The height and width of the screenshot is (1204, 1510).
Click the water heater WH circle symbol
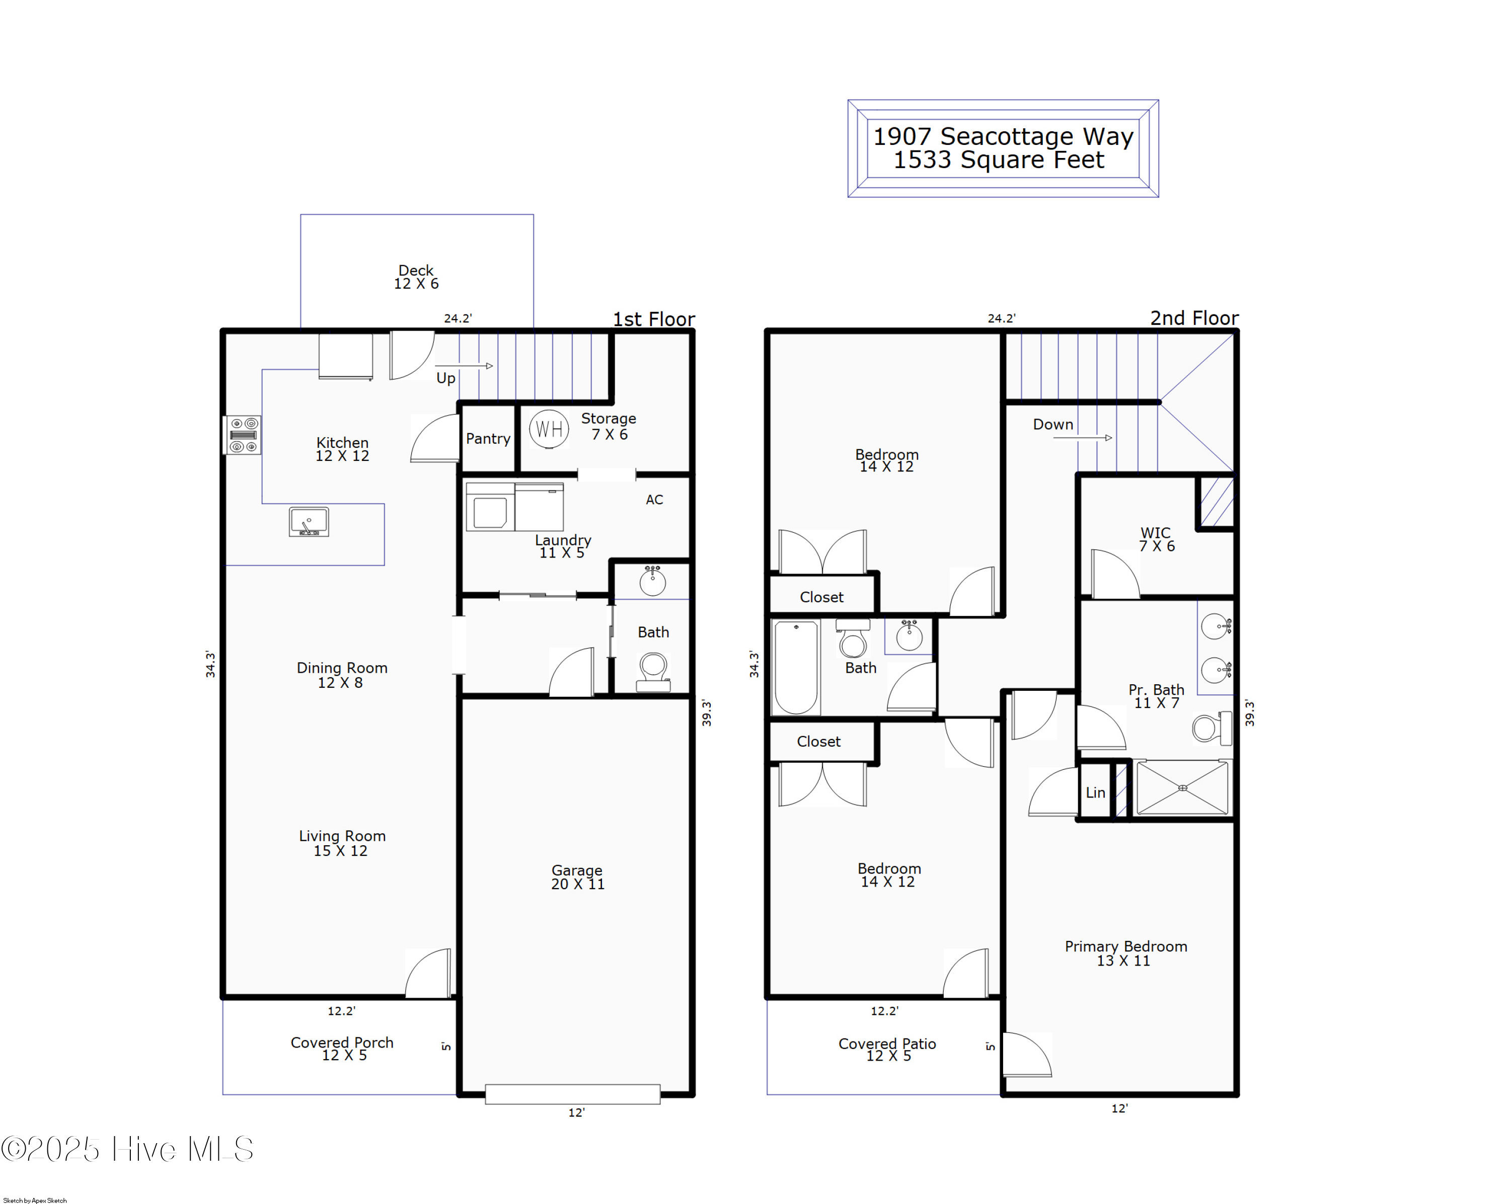pyautogui.click(x=549, y=429)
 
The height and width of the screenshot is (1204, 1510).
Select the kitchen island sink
pyautogui.click(x=309, y=522)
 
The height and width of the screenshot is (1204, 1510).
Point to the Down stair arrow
pyautogui.click(x=1082, y=438)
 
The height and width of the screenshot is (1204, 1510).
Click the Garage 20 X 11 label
pyautogui.click(x=577, y=877)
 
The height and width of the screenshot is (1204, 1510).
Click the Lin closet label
pyautogui.click(x=1095, y=792)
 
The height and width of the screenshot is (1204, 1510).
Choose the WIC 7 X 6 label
pyautogui.click(x=1156, y=539)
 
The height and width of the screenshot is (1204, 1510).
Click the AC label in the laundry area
pyautogui.click(x=654, y=500)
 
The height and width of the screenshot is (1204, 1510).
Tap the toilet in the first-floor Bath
pyautogui.click(x=653, y=671)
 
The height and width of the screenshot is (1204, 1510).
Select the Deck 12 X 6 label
pyautogui.click(x=416, y=277)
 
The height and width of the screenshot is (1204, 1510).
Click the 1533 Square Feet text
pyautogui.click(x=998, y=160)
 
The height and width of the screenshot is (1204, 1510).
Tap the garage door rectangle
pyautogui.click(x=572, y=1094)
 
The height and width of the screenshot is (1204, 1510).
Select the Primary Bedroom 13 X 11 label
pyautogui.click(x=1125, y=953)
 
